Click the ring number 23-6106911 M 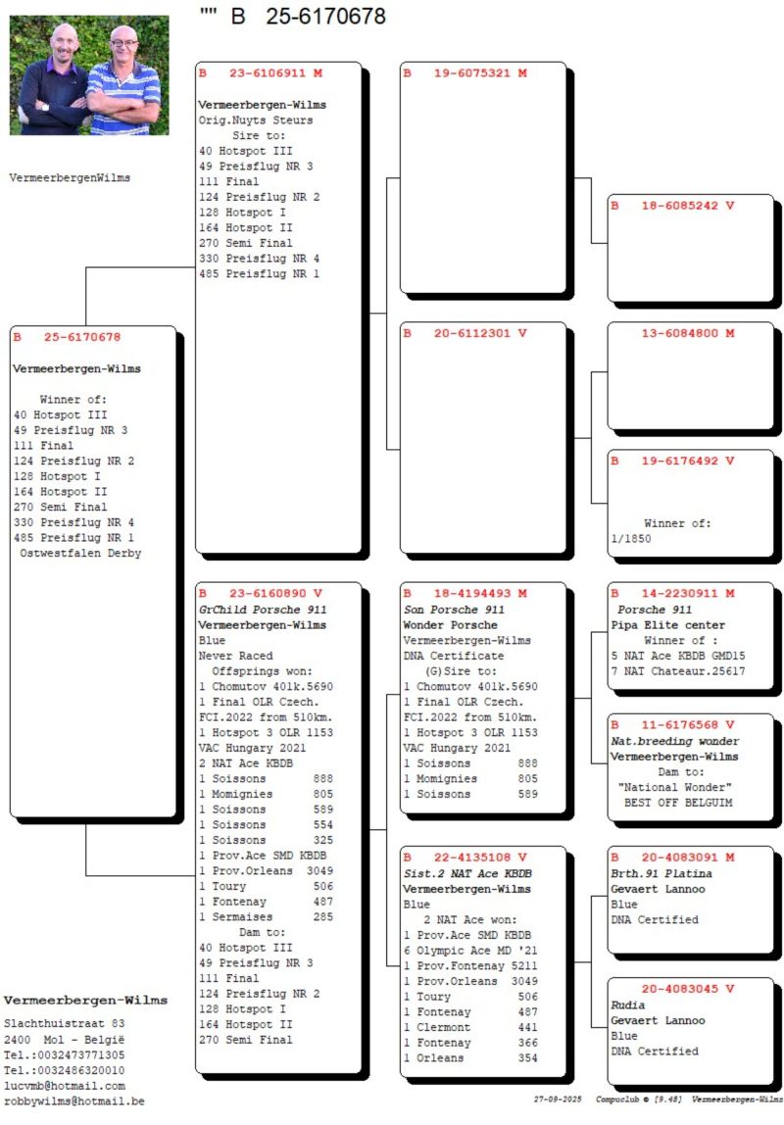pyautogui.click(x=275, y=73)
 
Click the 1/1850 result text pyautogui.click(x=631, y=539)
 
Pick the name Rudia pyautogui.click(x=627, y=1004)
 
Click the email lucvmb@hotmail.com pyautogui.click(x=65, y=1086)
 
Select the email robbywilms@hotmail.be pyautogui.click(x=74, y=1101)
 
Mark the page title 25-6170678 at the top pyautogui.click(x=322, y=17)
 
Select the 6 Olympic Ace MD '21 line pyautogui.click(x=470, y=951)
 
